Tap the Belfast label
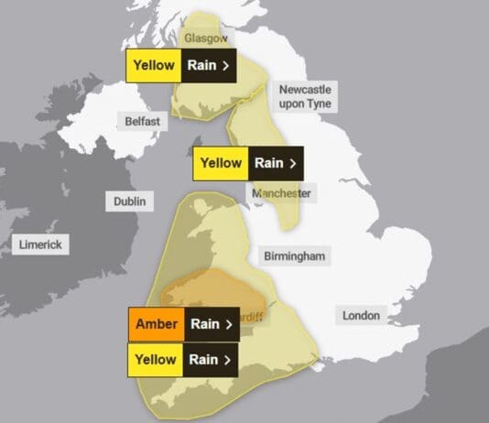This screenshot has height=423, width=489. click(143, 121)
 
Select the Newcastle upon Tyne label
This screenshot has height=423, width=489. click(304, 95)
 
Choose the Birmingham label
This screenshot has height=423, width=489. click(294, 256)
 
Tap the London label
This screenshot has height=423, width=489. click(361, 315)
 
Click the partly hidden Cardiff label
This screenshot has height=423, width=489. click(248, 318)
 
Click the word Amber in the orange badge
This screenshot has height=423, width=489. click(156, 324)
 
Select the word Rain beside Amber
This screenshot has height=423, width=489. click(204, 324)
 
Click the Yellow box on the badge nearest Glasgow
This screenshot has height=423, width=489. click(154, 66)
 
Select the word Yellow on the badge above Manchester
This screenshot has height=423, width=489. click(221, 164)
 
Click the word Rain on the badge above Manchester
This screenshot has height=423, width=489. click(268, 164)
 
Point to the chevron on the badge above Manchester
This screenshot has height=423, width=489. click(292, 164)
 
